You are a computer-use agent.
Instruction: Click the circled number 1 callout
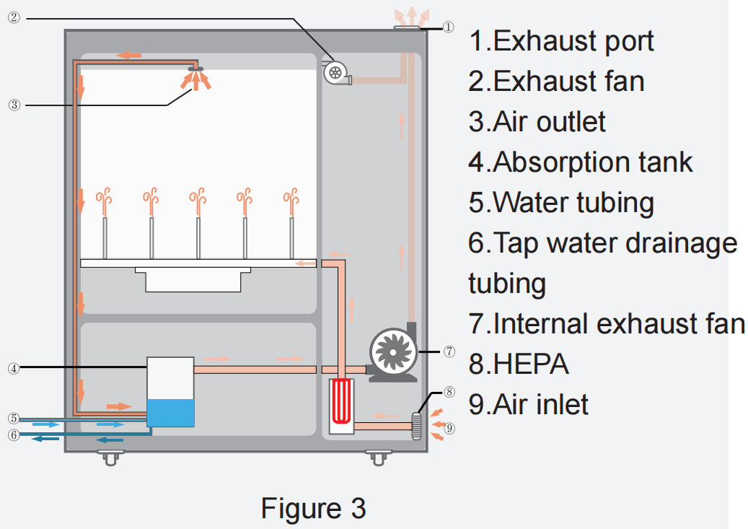[x=448, y=27]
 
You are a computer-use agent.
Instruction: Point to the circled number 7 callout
[x=449, y=352]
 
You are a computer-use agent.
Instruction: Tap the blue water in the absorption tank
[x=170, y=413]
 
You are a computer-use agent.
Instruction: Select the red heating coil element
[x=341, y=401]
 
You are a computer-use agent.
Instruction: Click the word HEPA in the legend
[x=529, y=364]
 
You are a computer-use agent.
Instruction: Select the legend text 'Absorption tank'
[x=591, y=162]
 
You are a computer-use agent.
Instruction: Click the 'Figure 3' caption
[x=313, y=508]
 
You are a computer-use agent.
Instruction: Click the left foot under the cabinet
[x=109, y=457]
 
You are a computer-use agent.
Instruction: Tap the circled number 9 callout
[x=449, y=428]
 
